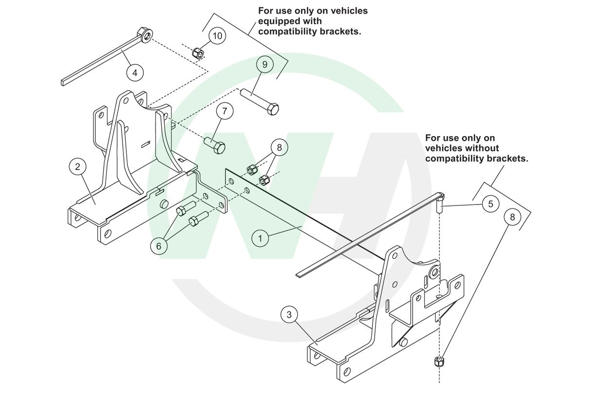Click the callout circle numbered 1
(260, 238)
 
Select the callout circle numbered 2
(77, 167)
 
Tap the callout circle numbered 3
(289, 314)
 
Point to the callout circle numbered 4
(135, 72)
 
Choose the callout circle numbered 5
(490, 204)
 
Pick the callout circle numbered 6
(158, 246)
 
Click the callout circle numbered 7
(225, 111)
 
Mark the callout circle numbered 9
(265, 64)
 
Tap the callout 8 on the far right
(512, 217)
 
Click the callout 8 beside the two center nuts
(279, 146)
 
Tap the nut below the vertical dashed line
(438, 361)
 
